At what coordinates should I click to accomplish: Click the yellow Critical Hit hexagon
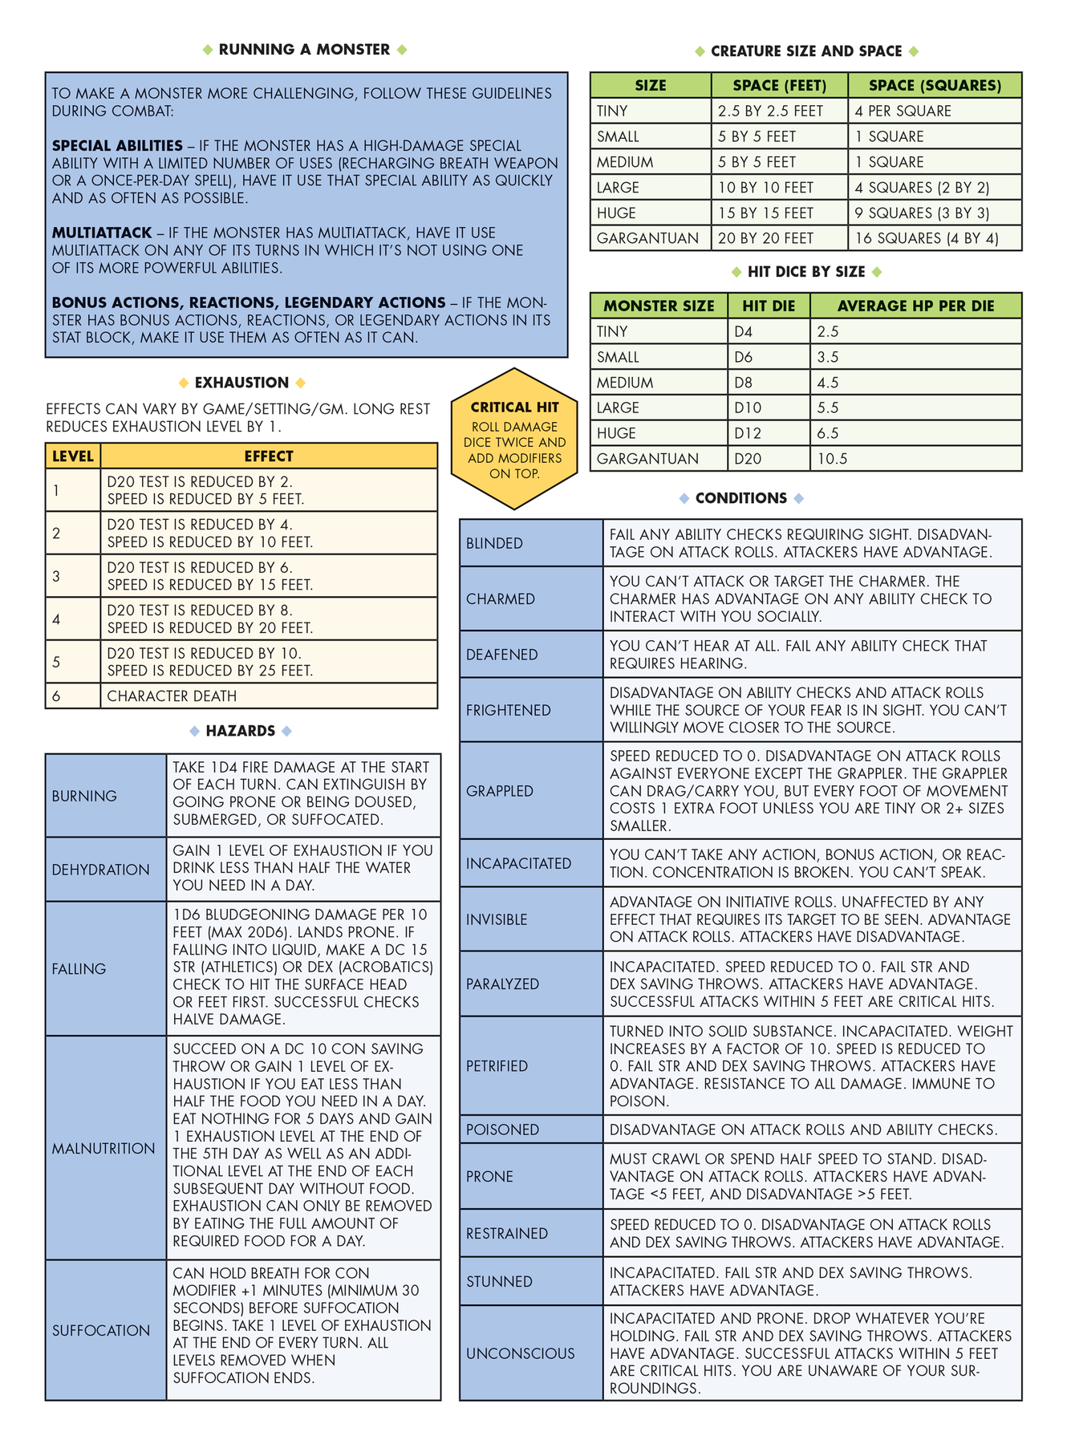(x=514, y=439)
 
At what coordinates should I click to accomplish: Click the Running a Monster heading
(x=304, y=50)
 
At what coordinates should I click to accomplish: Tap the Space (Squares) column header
(x=935, y=85)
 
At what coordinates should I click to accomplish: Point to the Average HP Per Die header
(x=915, y=306)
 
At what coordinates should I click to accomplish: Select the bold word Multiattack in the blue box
(x=102, y=233)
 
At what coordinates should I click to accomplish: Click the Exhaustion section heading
(x=241, y=383)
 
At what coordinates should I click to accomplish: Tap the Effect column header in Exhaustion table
(x=269, y=456)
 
